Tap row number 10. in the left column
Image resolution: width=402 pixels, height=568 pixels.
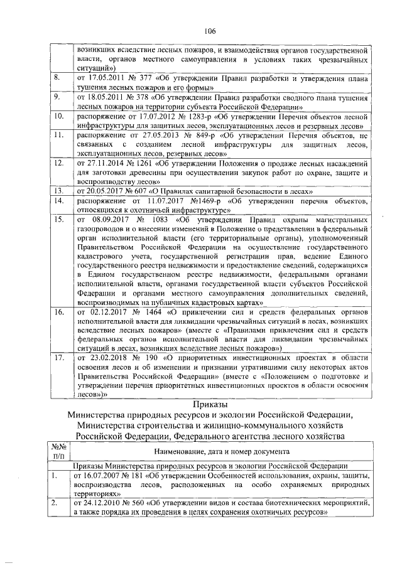click(57, 116)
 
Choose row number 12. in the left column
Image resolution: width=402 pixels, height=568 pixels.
click(57, 163)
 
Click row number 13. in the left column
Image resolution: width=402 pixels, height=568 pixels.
click(57, 190)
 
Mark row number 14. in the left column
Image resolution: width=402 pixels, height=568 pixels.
click(57, 200)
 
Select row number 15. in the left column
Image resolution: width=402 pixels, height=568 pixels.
click(57, 220)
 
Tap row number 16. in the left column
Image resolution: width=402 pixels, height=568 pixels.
click(57, 311)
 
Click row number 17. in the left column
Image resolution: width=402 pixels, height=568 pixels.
click(57, 357)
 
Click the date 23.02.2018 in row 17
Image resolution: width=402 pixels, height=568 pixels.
click(110, 357)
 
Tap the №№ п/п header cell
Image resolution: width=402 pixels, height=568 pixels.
click(57, 451)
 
